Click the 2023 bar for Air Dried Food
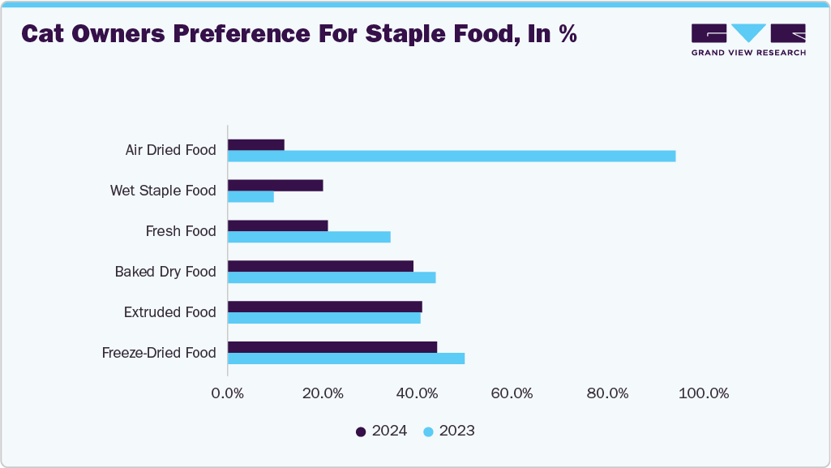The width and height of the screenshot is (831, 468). point(452,156)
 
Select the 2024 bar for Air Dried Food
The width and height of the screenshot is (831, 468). point(256,144)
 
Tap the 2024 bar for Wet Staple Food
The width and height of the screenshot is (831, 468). point(276,185)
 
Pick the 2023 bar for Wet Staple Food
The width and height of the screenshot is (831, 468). point(251,196)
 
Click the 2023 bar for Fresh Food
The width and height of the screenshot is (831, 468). point(309,237)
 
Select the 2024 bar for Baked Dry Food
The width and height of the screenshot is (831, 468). point(320,266)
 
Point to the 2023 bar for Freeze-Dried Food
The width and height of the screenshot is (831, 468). point(346,359)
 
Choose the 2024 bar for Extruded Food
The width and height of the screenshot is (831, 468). point(325,307)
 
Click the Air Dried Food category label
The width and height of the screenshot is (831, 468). point(170,150)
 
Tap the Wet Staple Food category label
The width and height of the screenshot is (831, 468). point(163,191)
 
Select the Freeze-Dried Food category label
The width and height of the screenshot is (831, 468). point(159,353)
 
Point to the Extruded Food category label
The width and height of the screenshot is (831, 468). point(169,312)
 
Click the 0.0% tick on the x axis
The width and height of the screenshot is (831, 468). point(228,393)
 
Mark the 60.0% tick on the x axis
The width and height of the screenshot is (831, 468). point(512,393)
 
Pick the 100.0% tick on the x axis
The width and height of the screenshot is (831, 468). point(705,393)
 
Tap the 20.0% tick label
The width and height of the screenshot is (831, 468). point(323,393)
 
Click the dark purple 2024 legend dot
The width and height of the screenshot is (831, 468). point(361,432)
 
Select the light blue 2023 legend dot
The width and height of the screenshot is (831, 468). point(428,432)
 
